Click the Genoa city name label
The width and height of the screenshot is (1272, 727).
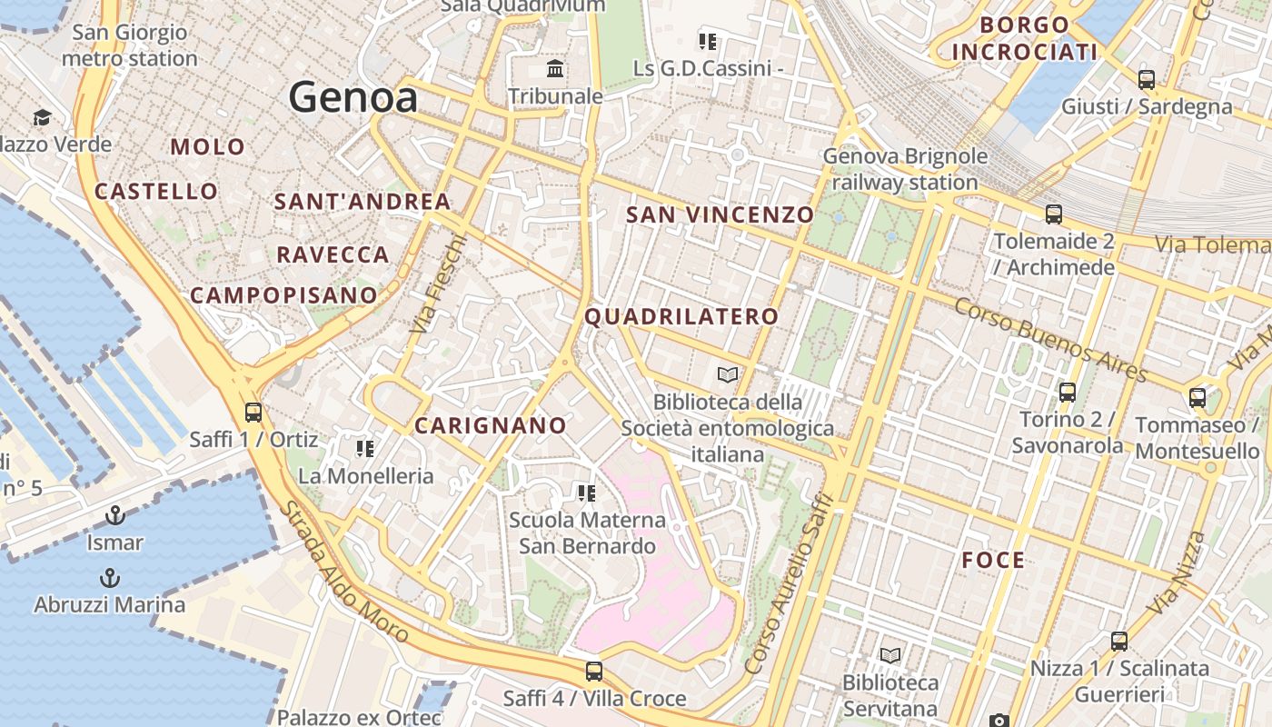pos(353,98)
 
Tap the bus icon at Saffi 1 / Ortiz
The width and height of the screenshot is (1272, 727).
pos(253,412)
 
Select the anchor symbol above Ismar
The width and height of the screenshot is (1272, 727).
pos(114,516)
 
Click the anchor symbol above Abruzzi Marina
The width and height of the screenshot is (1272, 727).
pos(109,578)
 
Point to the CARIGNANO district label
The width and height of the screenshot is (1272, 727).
pos(491,425)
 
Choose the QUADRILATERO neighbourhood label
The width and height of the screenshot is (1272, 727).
pos(681,317)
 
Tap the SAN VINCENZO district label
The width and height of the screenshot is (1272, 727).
pos(720,215)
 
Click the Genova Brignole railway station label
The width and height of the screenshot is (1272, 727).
pos(905,169)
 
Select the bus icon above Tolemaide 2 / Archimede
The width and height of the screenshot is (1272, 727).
pos(1054,214)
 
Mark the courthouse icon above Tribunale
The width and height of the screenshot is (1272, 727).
pos(555,69)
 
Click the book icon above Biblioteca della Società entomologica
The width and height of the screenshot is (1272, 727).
pos(727,374)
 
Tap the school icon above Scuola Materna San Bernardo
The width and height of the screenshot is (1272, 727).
pos(587,493)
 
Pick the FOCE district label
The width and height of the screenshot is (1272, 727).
pos(993,561)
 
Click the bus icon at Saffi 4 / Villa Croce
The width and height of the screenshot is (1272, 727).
pos(594,672)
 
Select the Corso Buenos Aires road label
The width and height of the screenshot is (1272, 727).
pos(1050,339)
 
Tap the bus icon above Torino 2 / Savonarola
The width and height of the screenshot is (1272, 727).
pos(1068,393)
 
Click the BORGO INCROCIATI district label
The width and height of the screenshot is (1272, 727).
pos(1025,38)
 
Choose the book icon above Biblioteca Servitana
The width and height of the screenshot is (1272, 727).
pos(890,655)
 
